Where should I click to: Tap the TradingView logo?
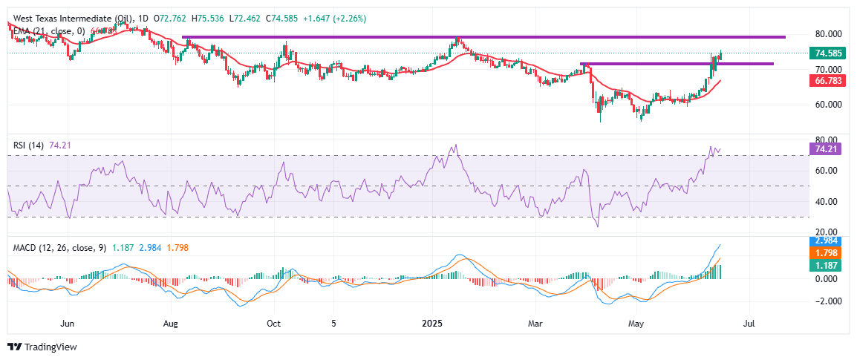pyautogui.click(x=42, y=347)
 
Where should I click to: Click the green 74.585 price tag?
pyautogui.click(x=827, y=53)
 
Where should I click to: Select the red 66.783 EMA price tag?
pyautogui.click(x=827, y=80)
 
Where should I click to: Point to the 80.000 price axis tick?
pyautogui.click(x=827, y=33)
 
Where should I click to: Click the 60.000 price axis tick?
pyautogui.click(x=827, y=105)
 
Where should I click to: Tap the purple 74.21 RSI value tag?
pyautogui.click(x=827, y=149)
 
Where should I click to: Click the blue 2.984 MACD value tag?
pyautogui.click(x=827, y=242)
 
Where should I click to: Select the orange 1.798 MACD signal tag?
pyautogui.click(x=827, y=253)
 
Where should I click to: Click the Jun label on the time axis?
pyautogui.click(x=68, y=324)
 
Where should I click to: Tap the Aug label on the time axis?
pyautogui.click(x=171, y=324)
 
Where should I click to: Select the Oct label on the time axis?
pyautogui.click(x=273, y=324)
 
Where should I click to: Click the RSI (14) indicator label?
pyautogui.click(x=30, y=145)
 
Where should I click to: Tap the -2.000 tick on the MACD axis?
pyautogui.click(x=827, y=301)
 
